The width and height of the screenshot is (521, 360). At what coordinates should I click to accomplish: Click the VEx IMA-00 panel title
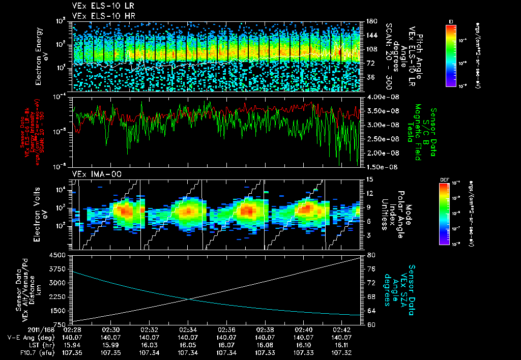click(x=93, y=174)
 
